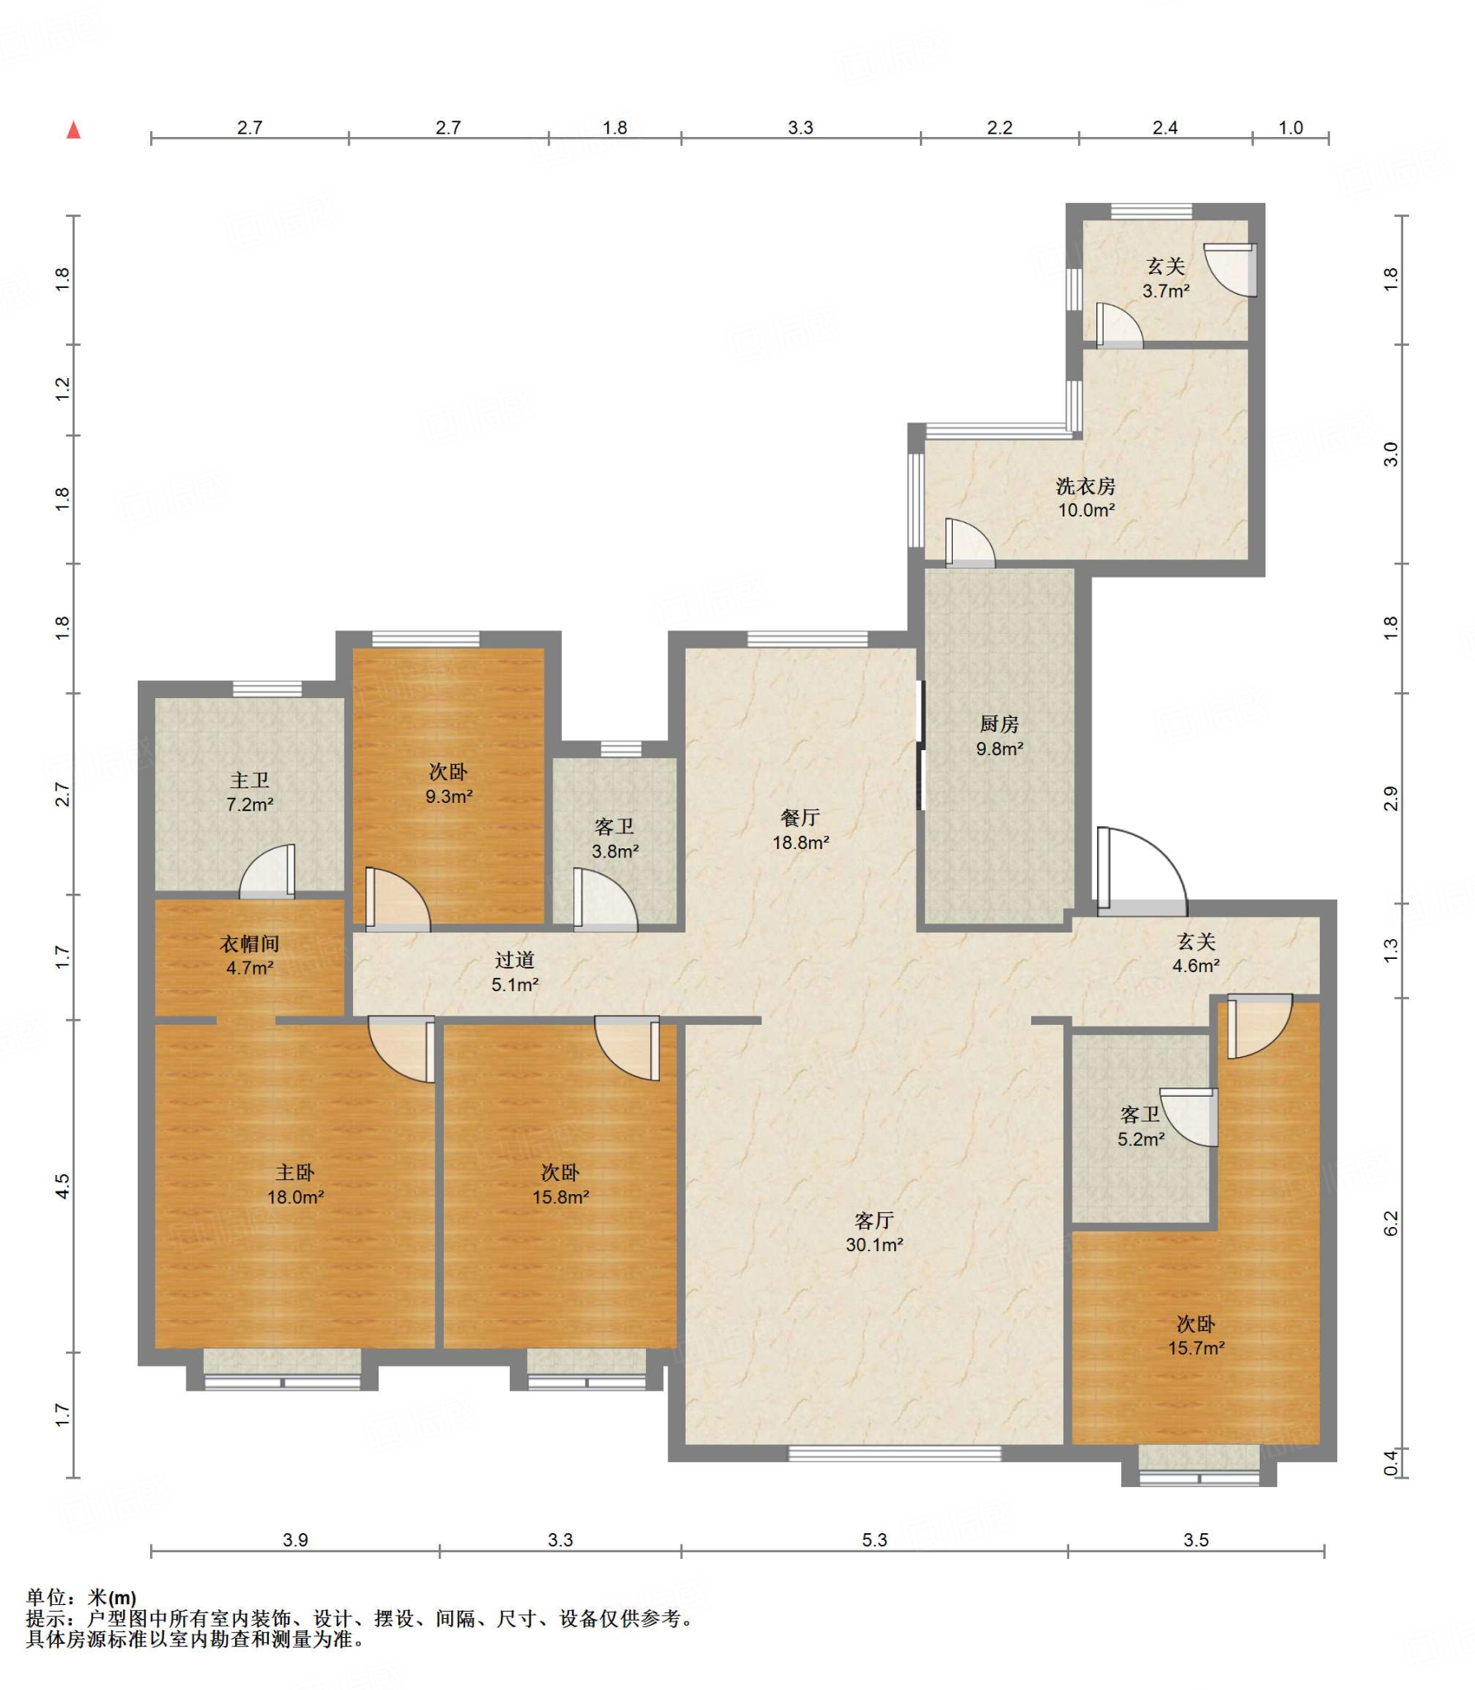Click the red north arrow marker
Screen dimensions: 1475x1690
point(73,130)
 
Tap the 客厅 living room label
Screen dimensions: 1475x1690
point(874,1220)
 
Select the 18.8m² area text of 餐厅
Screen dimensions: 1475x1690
point(800,843)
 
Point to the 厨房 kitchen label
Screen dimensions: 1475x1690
point(999,724)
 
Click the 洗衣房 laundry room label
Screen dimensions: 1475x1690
point(1086,486)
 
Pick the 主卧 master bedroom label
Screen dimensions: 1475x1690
point(295,1172)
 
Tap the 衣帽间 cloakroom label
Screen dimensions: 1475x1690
point(249,943)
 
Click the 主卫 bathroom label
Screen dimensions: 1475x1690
point(249,780)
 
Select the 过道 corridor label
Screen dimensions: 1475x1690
point(515,960)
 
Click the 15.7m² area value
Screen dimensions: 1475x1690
point(1195,1348)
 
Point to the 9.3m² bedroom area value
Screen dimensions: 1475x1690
point(449,796)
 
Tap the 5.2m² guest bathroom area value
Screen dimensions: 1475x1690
point(1141,1140)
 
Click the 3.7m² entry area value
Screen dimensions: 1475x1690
point(1166,290)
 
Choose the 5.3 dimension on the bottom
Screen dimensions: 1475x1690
point(874,1540)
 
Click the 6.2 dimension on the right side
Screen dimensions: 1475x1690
point(1391,1223)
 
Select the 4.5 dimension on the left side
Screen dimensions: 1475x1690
point(63,1186)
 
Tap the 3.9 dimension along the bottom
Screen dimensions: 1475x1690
point(295,1540)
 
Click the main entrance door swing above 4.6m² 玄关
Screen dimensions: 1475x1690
point(1141,871)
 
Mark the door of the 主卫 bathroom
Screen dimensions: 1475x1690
point(267,871)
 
